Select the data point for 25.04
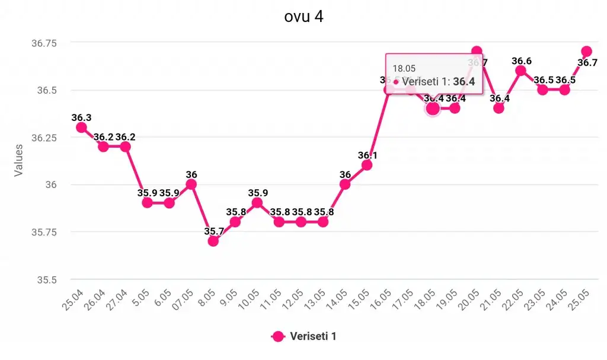click(81, 127)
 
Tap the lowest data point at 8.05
click(213, 240)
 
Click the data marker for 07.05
click(191, 184)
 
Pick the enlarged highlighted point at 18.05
click(433, 108)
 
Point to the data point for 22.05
click(520, 71)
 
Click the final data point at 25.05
click(586, 52)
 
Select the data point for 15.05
click(367, 165)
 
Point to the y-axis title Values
click(19, 160)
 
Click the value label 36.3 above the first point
click(81, 117)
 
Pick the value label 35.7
click(213, 231)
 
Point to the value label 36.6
click(522, 61)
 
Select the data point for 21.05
click(499, 108)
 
